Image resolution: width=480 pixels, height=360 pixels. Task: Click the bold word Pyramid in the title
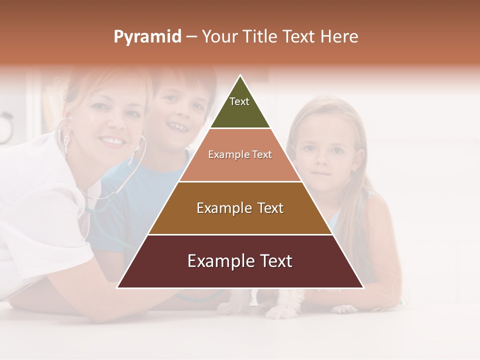point(147,37)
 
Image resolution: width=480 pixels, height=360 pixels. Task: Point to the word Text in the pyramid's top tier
point(239,101)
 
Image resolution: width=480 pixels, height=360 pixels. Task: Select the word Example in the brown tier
point(219,208)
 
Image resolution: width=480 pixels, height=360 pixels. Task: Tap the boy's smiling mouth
point(178,127)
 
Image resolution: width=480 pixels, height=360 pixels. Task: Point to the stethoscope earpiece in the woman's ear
point(65,139)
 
